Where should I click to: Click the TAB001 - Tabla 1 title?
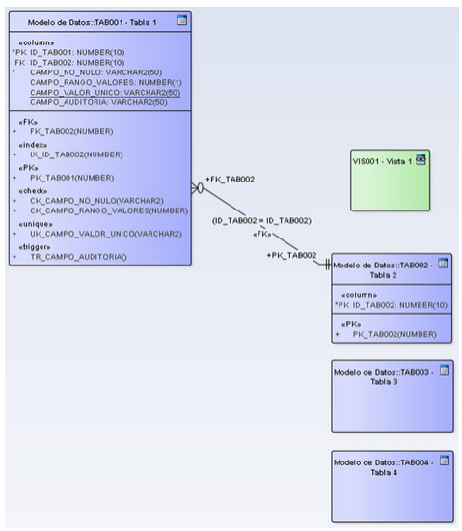coord(92,23)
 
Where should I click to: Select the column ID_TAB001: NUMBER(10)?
coord(77,52)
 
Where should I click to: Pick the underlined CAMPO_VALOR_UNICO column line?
coord(105,93)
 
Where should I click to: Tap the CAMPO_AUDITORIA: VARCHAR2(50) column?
coord(98,102)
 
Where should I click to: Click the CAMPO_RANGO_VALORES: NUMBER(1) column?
coord(106,82)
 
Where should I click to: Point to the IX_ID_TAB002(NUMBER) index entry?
coord(76,154)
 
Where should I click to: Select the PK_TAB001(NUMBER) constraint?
coord(72,178)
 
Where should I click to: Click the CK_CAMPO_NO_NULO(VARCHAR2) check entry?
coord(96,201)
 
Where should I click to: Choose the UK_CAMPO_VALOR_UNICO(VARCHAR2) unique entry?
coord(106,234)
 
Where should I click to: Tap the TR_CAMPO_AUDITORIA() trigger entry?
coord(78,257)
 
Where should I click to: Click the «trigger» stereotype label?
coord(35,247)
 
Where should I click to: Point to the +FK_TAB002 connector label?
coord(230,180)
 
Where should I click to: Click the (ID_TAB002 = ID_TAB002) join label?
coord(261,221)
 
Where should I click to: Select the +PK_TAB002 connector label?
coord(291,255)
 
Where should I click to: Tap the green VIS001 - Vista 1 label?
coord(382,161)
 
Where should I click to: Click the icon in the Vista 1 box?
coord(421,159)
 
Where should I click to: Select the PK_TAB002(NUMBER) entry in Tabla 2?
coord(394,335)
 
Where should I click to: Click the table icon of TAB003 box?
coord(445,370)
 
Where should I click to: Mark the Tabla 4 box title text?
coord(384,467)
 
